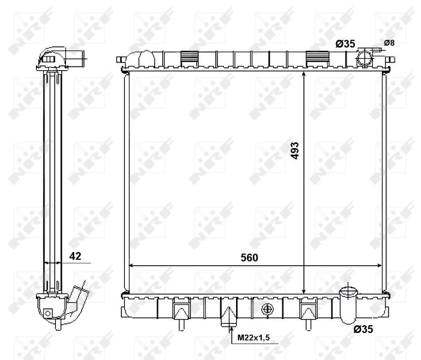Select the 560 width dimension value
tap(249, 257)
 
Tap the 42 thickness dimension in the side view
tap(75, 256)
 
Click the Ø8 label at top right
tap(389, 43)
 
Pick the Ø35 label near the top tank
tap(345, 43)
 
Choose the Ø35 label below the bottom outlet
tap(364, 329)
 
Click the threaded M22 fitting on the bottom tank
tap(229, 316)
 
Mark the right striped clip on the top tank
tap(315, 58)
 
